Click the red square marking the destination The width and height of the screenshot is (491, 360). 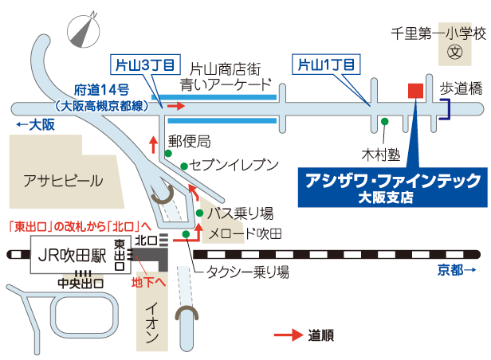415,90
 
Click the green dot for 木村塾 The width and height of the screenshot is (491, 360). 384,121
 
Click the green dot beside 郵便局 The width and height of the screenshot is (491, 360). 167,153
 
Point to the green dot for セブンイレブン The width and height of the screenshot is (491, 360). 184,166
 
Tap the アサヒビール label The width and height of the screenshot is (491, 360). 63,180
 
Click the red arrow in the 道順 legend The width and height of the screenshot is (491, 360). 289,335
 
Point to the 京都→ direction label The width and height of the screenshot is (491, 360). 457,271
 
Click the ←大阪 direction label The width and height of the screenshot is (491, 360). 35,125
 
